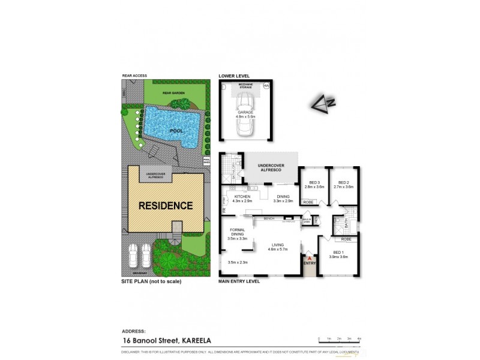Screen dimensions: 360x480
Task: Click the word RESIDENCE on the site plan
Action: coord(166,205)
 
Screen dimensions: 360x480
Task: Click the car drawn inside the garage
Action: coord(246,124)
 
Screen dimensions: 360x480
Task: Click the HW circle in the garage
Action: coord(266,87)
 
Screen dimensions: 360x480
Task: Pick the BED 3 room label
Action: coord(314,184)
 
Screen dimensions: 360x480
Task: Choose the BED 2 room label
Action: coord(343,184)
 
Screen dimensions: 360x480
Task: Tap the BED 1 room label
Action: coord(339,254)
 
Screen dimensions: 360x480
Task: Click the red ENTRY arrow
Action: coord(310,259)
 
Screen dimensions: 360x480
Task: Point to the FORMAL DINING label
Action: coord(238,234)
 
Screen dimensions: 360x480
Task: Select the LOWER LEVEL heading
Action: coord(233,77)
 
